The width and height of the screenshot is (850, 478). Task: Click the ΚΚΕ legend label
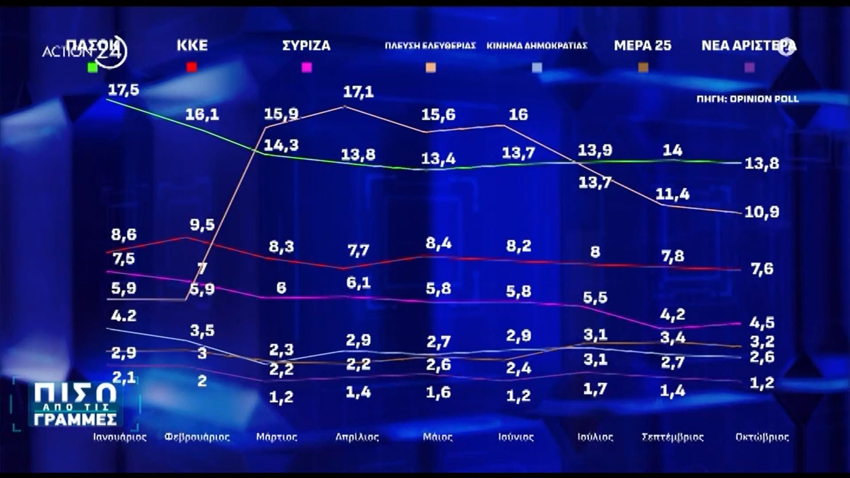coord(192,46)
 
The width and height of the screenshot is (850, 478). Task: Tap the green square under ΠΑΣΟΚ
coord(93,67)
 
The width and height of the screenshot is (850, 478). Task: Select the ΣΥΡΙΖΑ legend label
coord(306,46)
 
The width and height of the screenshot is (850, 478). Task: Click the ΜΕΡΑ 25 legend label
coord(642,46)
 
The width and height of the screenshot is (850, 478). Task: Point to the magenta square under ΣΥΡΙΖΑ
coord(306,67)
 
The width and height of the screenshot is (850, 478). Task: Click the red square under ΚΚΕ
coord(192,67)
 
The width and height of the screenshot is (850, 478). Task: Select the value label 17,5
coord(124,90)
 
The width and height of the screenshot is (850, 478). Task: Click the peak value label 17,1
coord(358,92)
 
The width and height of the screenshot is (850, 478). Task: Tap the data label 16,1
coord(202,115)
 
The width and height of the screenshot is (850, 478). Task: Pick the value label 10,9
coord(761,212)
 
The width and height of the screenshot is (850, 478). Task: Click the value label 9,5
coord(202,225)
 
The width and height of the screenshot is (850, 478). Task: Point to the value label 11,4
coord(672,194)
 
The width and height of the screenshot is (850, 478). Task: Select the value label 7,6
coord(761,269)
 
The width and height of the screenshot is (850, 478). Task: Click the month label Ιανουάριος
coord(120,437)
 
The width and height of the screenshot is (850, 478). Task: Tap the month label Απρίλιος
coord(357,437)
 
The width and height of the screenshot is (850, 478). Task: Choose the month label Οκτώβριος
coord(762,437)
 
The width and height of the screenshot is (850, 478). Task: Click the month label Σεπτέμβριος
coord(672,437)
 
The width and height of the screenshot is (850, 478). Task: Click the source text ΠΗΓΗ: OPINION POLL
coord(748,99)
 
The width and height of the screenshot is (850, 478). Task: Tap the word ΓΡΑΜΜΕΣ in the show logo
coord(75,419)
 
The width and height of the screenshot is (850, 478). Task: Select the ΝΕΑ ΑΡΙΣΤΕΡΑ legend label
coord(748,46)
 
